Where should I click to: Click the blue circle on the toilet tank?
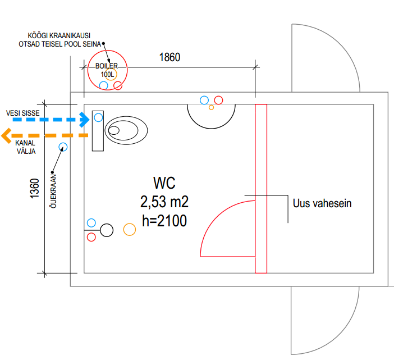coord(98,117)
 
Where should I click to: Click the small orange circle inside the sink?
coord(211,107)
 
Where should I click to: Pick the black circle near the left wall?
coord(107,230)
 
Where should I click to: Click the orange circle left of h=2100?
coord(130,229)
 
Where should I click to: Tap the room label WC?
coord(164,183)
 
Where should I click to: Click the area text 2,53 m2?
coord(164,202)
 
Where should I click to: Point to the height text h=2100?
coord(164,221)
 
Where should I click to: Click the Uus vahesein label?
coord(322,203)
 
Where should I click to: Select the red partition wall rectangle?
coord(260,188)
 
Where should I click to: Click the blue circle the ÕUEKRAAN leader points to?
coord(63,147)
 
